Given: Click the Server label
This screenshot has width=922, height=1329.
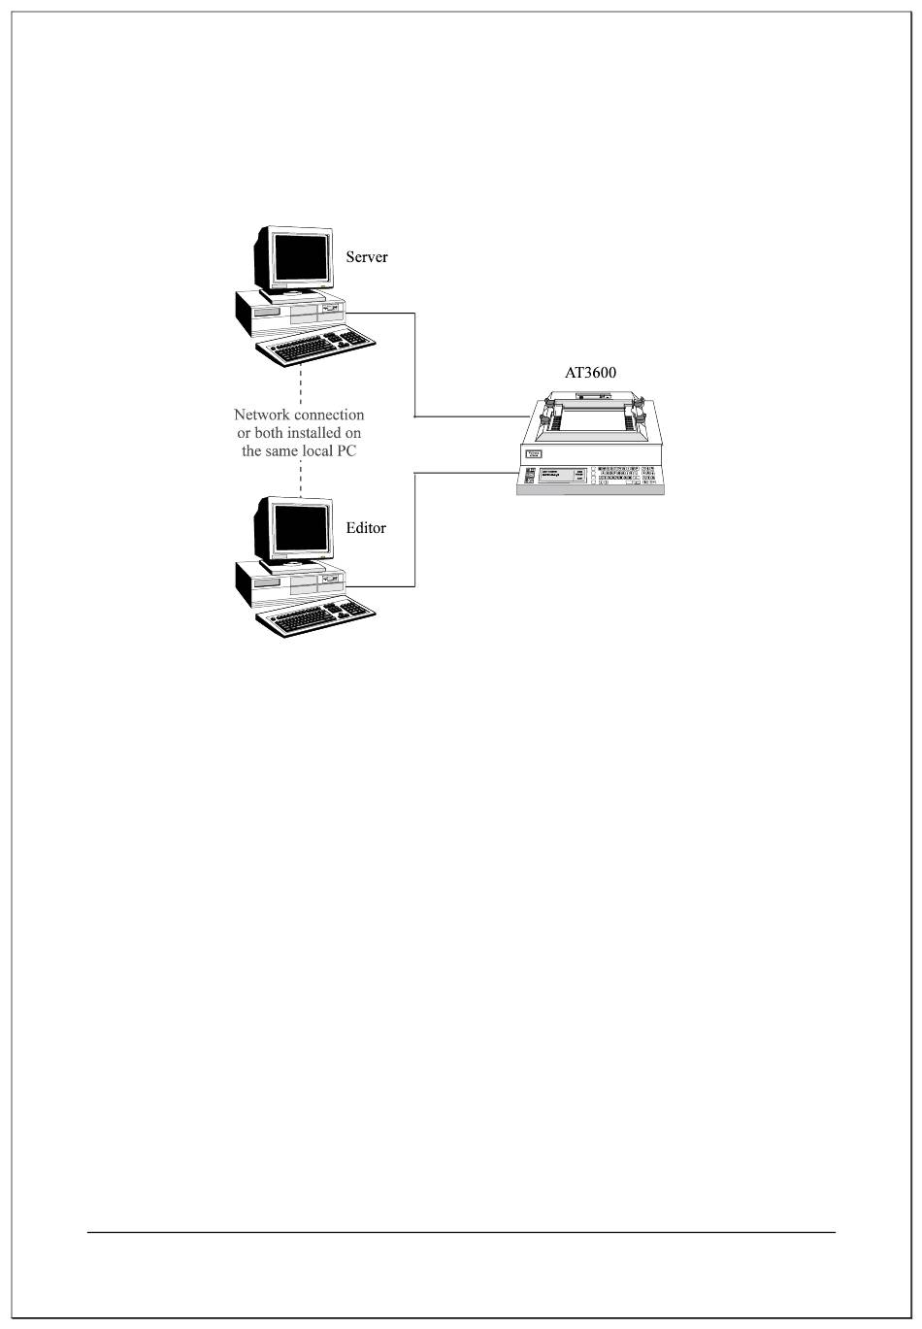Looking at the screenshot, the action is pos(367,257).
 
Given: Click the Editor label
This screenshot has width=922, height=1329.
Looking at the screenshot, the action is pos(366,528).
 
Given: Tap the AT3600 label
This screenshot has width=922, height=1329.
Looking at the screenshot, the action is pos(590,373).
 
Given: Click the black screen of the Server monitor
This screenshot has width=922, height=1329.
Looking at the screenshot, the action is pos(300,257).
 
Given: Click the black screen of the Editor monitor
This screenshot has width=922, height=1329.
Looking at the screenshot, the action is pos(300,528).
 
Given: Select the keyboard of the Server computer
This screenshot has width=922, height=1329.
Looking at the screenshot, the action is pos(316,346).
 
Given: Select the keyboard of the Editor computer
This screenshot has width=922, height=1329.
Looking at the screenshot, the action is pos(316,616).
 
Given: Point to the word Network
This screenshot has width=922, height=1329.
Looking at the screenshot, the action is pos(263,415).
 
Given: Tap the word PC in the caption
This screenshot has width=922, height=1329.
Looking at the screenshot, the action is pos(347,451).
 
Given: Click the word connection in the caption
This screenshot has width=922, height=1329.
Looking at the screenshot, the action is pos(329,415).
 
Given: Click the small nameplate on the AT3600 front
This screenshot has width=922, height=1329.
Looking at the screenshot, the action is pos(533,453).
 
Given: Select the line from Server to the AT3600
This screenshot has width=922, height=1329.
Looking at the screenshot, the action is pos(415,369).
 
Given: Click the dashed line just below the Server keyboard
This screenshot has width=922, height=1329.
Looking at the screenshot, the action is pos(301,383).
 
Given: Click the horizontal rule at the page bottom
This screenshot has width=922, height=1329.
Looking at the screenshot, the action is pos(461,1233).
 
